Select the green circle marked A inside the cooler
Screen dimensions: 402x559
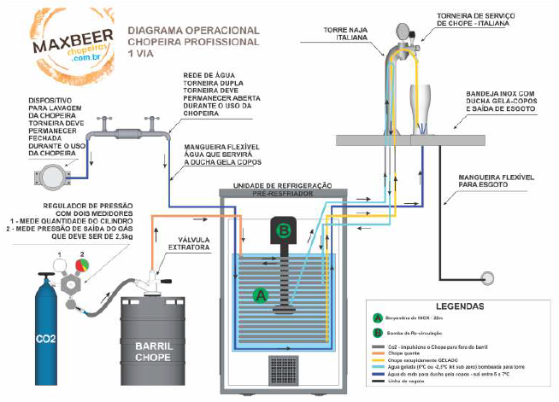(x=261, y=294)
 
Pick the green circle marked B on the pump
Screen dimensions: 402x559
(x=285, y=230)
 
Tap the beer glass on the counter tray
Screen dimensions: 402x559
(x=420, y=108)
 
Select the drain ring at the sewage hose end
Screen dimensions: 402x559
(x=489, y=277)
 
